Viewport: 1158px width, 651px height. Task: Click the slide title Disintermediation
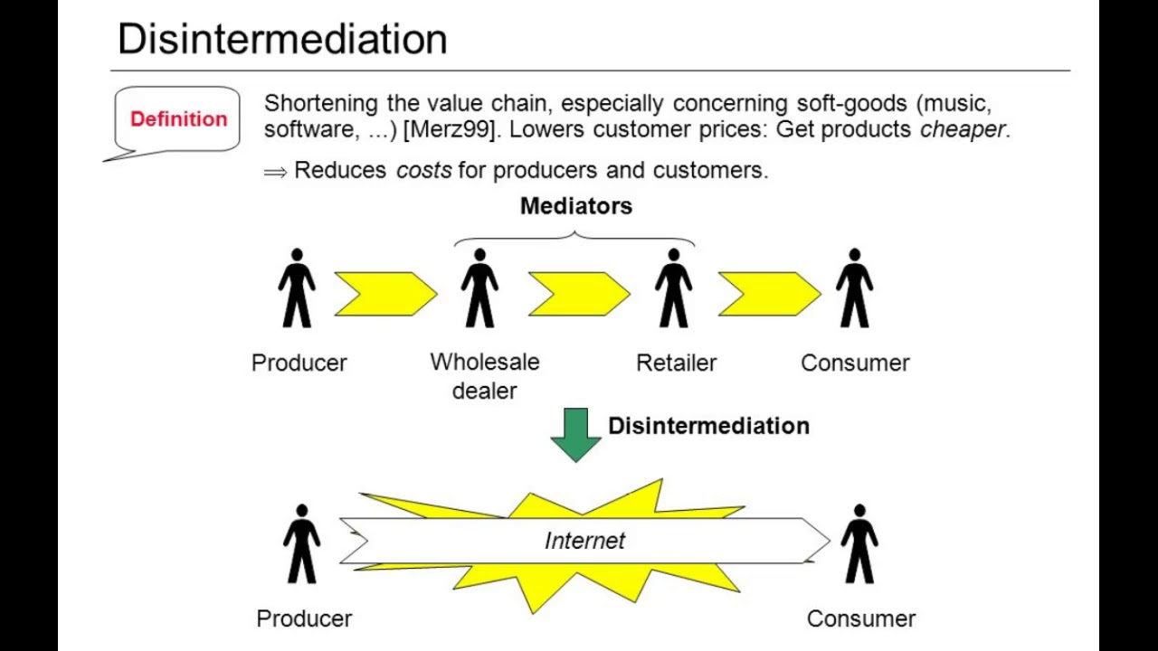[282, 40]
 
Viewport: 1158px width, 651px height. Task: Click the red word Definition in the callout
[178, 119]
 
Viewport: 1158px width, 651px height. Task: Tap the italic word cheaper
[962, 129]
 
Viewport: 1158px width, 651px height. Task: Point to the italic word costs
[423, 170]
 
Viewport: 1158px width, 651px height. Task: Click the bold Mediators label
[575, 206]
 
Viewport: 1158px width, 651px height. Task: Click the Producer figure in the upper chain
[297, 288]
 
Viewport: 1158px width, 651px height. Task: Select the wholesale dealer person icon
[479, 288]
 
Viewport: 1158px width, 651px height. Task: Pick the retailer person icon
[673, 288]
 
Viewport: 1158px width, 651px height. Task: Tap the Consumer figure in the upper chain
[854, 288]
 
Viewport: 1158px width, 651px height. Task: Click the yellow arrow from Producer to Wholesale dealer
[385, 294]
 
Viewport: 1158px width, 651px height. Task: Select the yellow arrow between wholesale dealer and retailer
[579, 294]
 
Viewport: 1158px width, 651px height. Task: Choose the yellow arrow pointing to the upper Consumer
[769, 294]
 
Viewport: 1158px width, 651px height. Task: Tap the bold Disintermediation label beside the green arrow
[708, 426]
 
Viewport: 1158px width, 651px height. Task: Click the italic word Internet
[584, 541]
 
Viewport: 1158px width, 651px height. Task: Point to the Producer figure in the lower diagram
[301, 544]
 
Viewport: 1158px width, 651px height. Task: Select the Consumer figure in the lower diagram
[859, 544]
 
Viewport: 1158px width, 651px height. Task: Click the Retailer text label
[676, 363]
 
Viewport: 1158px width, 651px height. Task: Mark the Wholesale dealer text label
[484, 376]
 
